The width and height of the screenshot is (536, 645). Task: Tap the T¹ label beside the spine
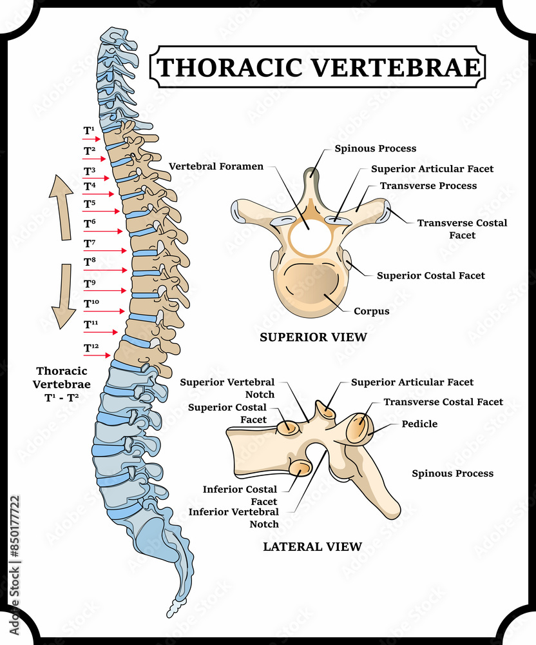(x=89, y=130)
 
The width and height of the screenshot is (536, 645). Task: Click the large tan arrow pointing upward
(x=62, y=206)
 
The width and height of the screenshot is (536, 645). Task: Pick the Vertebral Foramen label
(x=216, y=166)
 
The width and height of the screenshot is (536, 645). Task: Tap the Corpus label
(x=371, y=311)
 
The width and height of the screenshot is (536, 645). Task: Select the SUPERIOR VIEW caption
(x=313, y=337)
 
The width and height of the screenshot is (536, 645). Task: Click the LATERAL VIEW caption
(x=312, y=546)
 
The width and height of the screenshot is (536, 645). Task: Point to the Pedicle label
(x=419, y=424)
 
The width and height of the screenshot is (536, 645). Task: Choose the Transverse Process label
(x=428, y=186)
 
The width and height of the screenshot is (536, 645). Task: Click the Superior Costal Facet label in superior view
(x=430, y=275)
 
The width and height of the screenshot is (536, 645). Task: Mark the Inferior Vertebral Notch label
(x=233, y=518)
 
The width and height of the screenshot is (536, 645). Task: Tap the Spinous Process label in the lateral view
(x=452, y=473)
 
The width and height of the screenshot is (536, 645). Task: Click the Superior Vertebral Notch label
(x=227, y=388)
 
